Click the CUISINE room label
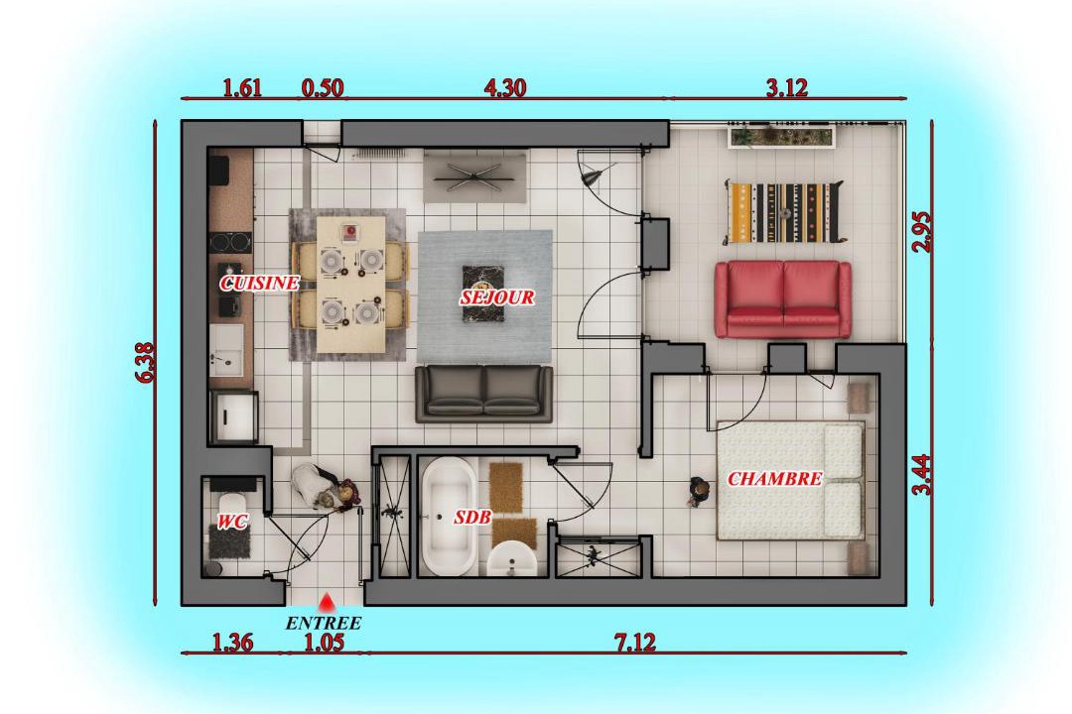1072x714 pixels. coord(259,283)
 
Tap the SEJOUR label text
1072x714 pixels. coord(497,297)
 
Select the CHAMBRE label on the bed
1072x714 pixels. coord(774,478)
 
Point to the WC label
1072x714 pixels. coord(231,522)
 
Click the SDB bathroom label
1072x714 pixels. coord(472,518)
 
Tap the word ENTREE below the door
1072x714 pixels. coord(323,623)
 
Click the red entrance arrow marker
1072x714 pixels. coord(327,602)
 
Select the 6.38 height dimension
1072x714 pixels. coord(146,362)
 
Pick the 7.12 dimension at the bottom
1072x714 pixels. coord(634,643)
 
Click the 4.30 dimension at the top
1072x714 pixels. coord(504,87)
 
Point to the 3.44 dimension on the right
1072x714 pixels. coord(922,474)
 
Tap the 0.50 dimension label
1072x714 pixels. coord(323,88)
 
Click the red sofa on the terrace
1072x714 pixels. coord(783,299)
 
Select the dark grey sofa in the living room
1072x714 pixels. coord(484,394)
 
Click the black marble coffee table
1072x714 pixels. coord(483,294)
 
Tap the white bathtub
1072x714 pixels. coord(450,517)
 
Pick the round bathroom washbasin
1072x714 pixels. coord(512,559)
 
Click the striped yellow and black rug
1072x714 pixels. coord(785,212)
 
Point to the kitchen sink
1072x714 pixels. coord(226,350)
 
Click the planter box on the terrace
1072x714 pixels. coord(781,136)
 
